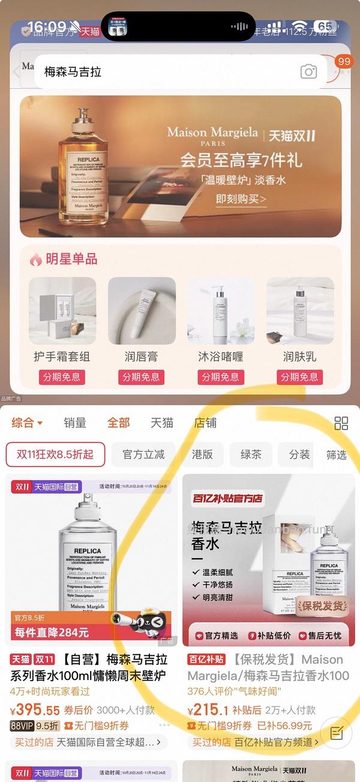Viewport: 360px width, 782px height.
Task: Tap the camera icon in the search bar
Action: pyautogui.click(x=308, y=72)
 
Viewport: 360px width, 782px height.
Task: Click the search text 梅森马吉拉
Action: pyautogui.click(x=73, y=72)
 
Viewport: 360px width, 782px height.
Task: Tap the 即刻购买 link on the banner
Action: pyautogui.click(x=241, y=199)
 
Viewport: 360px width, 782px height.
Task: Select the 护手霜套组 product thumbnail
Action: pyautogui.click(x=62, y=310)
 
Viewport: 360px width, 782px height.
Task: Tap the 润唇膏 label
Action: pyautogui.click(x=141, y=356)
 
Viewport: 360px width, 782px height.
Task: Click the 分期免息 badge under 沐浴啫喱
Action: pyautogui.click(x=221, y=377)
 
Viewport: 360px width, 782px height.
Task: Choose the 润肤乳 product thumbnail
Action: pyautogui.click(x=300, y=310)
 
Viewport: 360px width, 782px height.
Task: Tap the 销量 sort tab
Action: pyautogui.click(x=75, y=423)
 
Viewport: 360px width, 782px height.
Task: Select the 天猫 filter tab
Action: pyautogui.click(x=161, y=423)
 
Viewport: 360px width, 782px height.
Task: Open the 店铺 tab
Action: pyautogui.click(x=205, y=423)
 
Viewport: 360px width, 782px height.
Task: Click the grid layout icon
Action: pyautogui.click(x=341, y=423)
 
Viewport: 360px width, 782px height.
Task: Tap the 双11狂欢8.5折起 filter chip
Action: pyautogui.click(x=55, y=454)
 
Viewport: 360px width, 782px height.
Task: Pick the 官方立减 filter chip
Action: pyautogui.click(x=143, y=454)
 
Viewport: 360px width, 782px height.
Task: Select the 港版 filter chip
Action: pyautogui.click(x=202, y=454)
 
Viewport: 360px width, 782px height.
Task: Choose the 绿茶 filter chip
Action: pyautogui.click(x=251, y=454)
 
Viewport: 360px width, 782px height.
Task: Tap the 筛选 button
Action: pyautogui.click(x=337, y=454)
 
